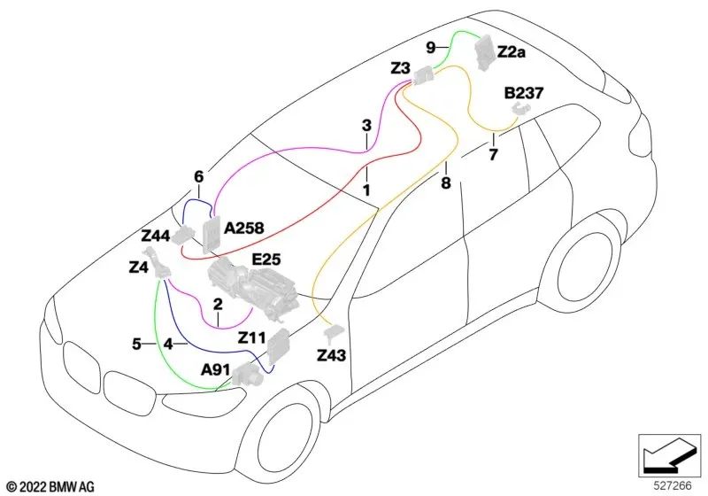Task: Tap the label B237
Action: [x=523, y=91]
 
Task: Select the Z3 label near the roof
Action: [x=400, y=68]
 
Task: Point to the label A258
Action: [x=244, y=229]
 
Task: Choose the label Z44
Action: [x=156, y=236]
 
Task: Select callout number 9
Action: [x=431, y=47]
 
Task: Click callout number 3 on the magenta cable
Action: [x=366, y=127]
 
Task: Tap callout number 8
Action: [x=446, y=183]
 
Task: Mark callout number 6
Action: [x=199, y=176]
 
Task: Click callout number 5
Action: [x=137, y=344]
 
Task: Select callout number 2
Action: [x=217, y=304]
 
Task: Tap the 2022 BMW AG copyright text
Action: [x=50, y=485]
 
